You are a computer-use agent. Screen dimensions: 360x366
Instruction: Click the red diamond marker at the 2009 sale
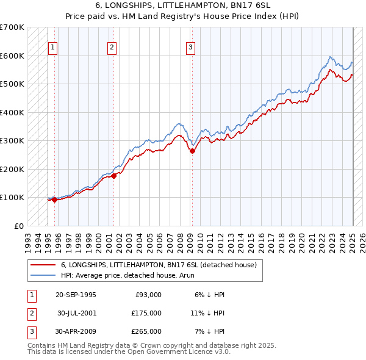[192, 151]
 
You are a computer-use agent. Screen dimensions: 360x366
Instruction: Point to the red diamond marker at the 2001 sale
[113, 176]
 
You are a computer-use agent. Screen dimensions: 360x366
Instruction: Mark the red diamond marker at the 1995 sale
[54, 199]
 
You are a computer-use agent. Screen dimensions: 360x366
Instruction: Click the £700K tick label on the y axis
[12, 27]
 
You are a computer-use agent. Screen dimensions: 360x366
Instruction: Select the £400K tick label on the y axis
[12, 112]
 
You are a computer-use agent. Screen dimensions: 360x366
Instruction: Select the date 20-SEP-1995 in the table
[76, 295]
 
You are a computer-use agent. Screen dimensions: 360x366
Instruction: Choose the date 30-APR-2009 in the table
[76, 331]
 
